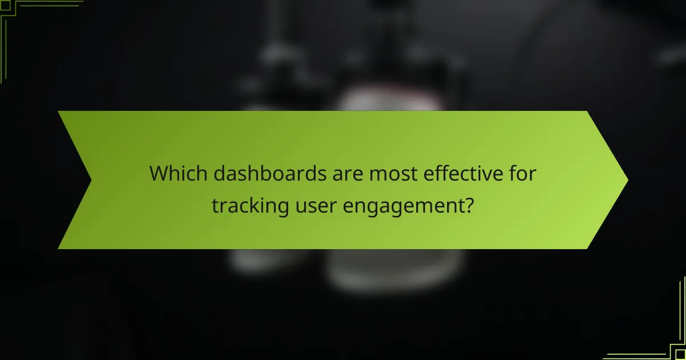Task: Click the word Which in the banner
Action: (x=178, y=173)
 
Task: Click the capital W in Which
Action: (x=159, y=173)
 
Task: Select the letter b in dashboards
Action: (x=284, y=173)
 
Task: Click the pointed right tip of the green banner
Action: (x=627, y=180)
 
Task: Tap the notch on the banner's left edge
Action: (x=91, y=180)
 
